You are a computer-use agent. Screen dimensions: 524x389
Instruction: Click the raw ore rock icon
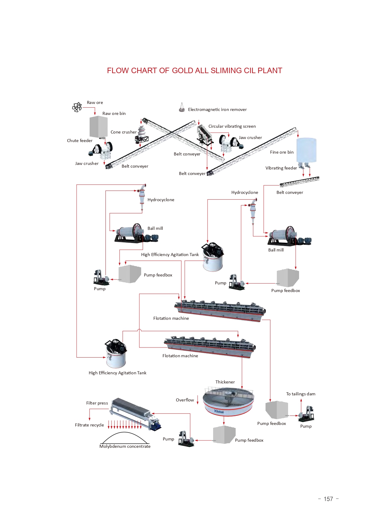click(77, 107)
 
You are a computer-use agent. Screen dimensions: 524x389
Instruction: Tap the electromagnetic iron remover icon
click(182, 108)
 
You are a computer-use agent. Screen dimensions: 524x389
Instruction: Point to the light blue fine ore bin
click(306, 150)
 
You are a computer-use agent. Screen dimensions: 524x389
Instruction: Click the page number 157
click(328, 499)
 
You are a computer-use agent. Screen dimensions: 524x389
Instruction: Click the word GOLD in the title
click(182, 71)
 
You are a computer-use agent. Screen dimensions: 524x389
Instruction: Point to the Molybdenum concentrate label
click(125, 446)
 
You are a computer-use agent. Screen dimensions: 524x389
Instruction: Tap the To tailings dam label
click(301, 394)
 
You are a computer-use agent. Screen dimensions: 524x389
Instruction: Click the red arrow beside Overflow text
click(198, 400)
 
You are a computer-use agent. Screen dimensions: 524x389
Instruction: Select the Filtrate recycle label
click(89, 425)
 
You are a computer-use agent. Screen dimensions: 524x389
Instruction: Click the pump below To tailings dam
click(306, 415)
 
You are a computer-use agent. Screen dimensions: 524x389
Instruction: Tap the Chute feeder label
click(80, 141)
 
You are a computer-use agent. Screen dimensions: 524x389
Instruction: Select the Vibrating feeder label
click(281, 168)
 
